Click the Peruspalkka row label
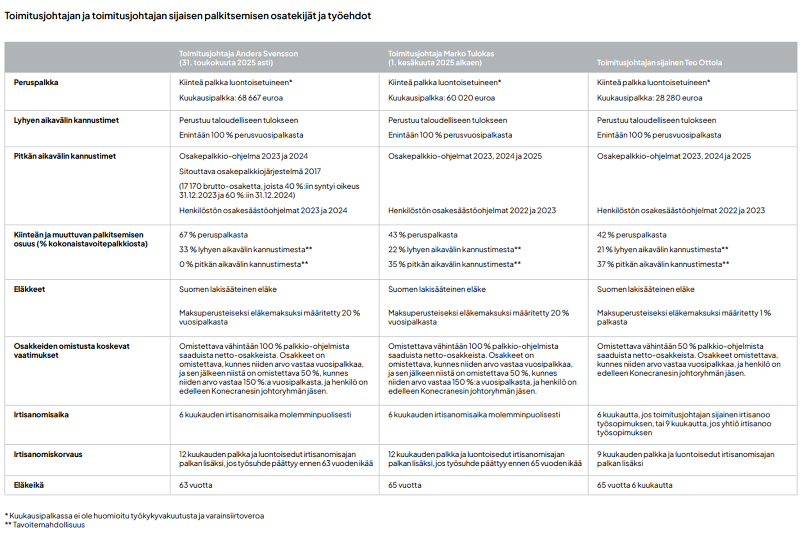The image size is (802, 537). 36,82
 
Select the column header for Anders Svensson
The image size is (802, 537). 239,58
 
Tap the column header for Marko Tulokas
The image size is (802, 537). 441,58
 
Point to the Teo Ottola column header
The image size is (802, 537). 659,63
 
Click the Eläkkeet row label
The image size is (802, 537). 30,289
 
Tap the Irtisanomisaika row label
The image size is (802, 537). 41,415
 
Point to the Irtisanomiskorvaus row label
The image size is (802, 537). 48,454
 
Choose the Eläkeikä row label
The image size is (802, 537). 29,485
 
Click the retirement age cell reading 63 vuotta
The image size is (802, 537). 196,485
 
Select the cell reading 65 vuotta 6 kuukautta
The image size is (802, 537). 634,485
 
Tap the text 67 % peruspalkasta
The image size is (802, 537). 213,235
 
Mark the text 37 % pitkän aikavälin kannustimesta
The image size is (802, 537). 663,264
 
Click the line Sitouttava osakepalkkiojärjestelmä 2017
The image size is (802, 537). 250,171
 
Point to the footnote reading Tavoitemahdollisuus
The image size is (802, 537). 49,525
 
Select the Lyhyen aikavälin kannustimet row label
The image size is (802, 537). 66,120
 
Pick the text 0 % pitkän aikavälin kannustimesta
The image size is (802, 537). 243,264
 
